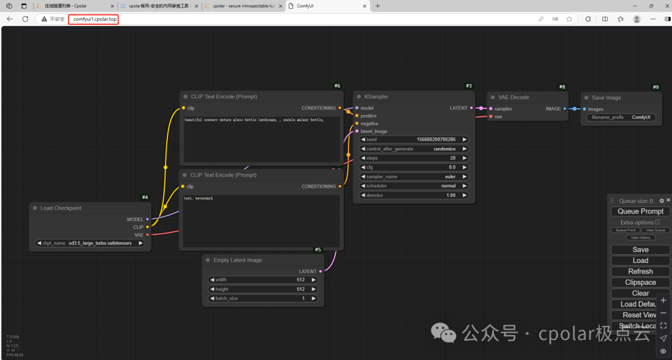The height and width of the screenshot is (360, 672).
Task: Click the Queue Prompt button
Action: point(640,211)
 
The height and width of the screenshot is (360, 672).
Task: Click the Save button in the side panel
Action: point(640,250)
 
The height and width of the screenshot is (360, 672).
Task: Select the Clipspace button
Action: point(640,282)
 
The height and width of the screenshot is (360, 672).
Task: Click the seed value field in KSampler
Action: point(414,139)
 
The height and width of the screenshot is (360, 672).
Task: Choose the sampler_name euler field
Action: point(414,177)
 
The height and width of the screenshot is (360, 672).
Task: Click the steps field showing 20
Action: point(414,158)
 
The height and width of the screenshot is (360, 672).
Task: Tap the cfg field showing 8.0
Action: point(414,167)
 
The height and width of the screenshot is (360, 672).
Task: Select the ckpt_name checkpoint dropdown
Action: point(90,243)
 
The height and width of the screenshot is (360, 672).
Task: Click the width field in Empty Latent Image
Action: point(263,280)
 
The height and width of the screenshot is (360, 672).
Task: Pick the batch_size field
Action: point(263,298)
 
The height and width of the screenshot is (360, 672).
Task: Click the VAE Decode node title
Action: point(514,98)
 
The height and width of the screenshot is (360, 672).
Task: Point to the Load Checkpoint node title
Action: point(61,208)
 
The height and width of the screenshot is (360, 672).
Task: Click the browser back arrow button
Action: point(9,19)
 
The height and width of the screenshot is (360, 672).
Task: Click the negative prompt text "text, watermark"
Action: point(198,198)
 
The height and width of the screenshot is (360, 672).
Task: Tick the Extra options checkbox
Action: point(657,222)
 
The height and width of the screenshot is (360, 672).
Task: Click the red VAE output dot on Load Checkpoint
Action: point(147,235)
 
